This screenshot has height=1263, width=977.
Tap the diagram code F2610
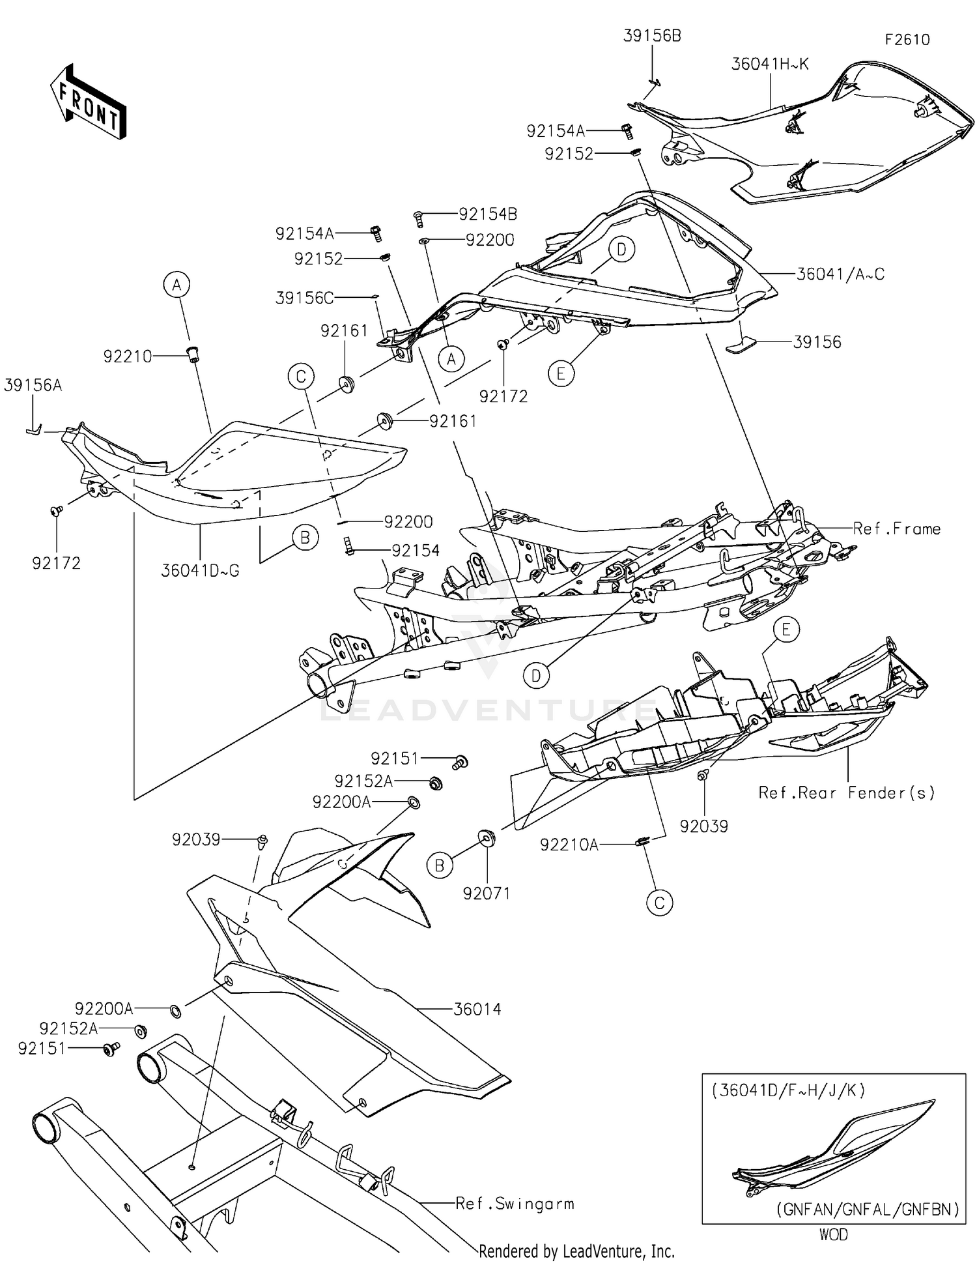(x=907, y=40)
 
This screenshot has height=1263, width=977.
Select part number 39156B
(x=652, y=36)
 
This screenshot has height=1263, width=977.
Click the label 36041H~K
(x=770, y=64)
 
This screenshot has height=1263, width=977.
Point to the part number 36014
(x=477, y=1009)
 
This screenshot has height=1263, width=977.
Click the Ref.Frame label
(x=896, y=529)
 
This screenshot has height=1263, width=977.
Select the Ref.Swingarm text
(x=515, y=1203)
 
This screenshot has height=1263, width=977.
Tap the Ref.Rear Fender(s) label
(x=846, y=792)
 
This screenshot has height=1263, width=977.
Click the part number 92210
(x=128, y=356)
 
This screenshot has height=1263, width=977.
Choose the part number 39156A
(x=33, y=385)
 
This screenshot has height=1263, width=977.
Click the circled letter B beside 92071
(x=440, y=865)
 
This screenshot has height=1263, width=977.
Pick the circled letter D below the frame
(x=535, y=676)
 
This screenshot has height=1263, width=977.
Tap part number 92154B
(x=488, y=214)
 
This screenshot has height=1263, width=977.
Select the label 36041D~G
(x=200, y=571)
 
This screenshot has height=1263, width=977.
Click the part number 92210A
(x=569, y=845)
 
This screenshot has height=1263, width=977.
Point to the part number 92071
(x=486, y=893)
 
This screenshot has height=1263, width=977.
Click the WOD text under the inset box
(x=833, y=1234)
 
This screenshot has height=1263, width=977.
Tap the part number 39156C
(x=304, y=298)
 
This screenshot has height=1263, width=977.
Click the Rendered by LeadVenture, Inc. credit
(x=576, y=1251)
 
